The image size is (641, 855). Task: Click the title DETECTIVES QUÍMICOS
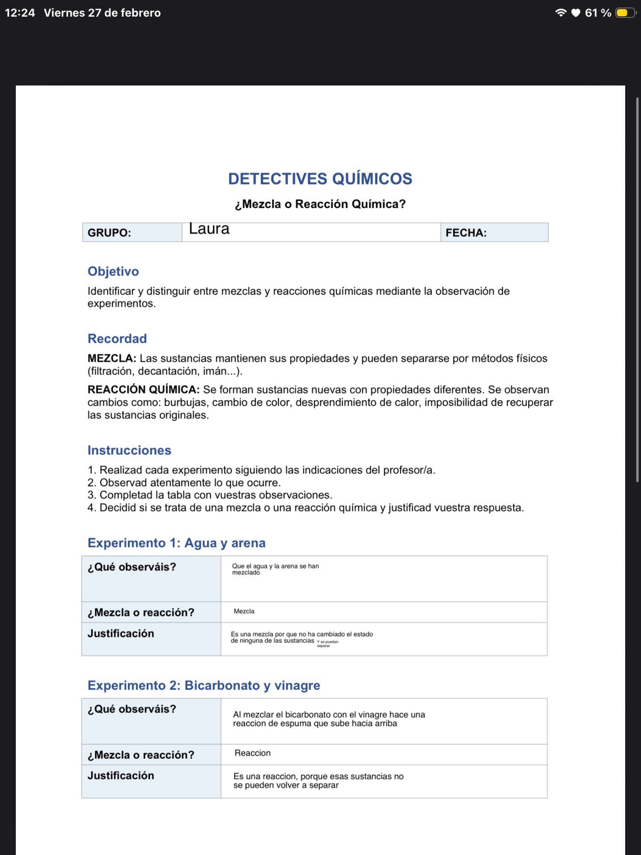320,179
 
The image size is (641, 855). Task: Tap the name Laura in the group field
209,229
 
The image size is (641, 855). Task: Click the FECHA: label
466,233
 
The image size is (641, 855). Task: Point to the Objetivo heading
113,271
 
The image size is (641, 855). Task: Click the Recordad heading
117,339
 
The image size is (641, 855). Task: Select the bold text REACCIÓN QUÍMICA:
144,389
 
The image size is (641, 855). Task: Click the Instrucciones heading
129,450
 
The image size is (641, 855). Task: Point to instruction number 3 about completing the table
210,495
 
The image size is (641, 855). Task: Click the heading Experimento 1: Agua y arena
176,543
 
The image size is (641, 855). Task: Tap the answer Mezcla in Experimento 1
244,611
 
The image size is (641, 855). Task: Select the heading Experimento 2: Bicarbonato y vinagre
204,685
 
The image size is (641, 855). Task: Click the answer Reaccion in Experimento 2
253,753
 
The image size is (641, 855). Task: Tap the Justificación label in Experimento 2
121,775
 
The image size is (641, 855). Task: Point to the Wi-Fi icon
560,13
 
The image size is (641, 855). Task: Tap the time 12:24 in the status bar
20,13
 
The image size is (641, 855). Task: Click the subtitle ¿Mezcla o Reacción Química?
320,204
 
